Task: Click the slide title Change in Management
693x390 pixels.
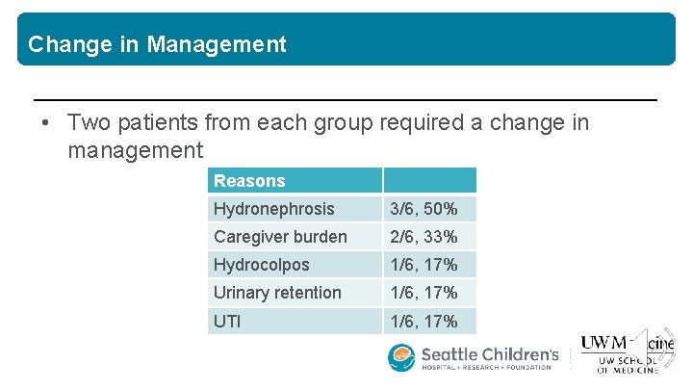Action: coord(157,44)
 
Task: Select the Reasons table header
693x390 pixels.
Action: coord(249,181)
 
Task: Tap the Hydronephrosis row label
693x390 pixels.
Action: coord(274,209)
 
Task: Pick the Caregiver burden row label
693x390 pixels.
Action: coord(280,237)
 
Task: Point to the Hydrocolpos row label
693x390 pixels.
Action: coord(262,265)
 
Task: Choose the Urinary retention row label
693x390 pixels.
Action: coord(277,293)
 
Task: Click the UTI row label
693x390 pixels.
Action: coord(228,321)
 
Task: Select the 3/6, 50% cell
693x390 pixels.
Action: coord(423,209)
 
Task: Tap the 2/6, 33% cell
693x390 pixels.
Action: coord(423,237)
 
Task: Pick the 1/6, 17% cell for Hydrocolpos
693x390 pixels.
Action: coord(423,265)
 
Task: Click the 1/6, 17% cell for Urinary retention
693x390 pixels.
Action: coord(423,293)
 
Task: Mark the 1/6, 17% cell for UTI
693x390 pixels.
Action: coord(423,321)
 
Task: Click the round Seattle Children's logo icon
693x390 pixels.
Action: coord(401,358)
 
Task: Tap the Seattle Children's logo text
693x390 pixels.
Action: coord(489,356)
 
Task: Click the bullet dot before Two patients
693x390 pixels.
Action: coord(45,124)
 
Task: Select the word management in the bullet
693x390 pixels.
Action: coord(136,151)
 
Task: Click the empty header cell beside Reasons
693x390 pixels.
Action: coord(430,181)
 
